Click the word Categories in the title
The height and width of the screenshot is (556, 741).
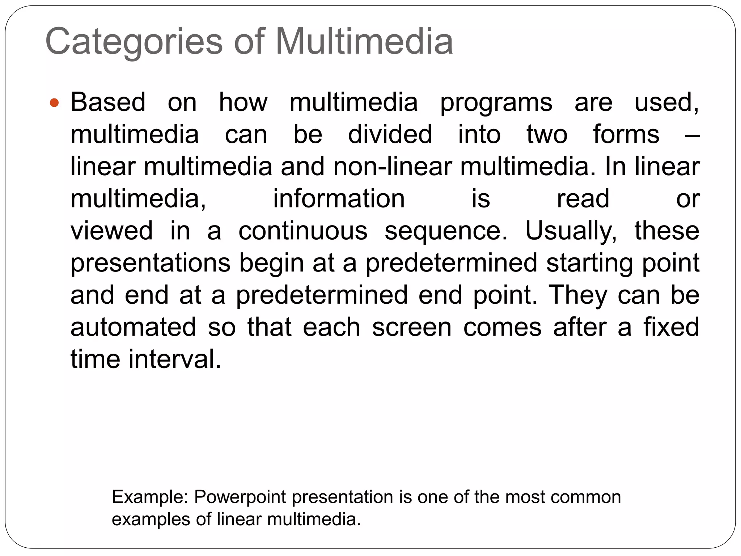[x=134, y=42]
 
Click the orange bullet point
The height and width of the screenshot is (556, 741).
[x=54, y=103]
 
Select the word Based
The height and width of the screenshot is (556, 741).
[x=108, y=102]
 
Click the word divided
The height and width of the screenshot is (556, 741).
[x=390, y=134]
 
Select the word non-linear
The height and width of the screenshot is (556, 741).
[x=392, y=167]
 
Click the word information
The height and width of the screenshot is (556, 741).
[x=339, y=199]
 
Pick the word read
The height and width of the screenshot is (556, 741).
[x=583, y=199]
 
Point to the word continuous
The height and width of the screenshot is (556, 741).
[x=303, y=231]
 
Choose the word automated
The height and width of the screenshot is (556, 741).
[x=133, y=327]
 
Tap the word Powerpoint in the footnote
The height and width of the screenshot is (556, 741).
[x=240, y=497]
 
